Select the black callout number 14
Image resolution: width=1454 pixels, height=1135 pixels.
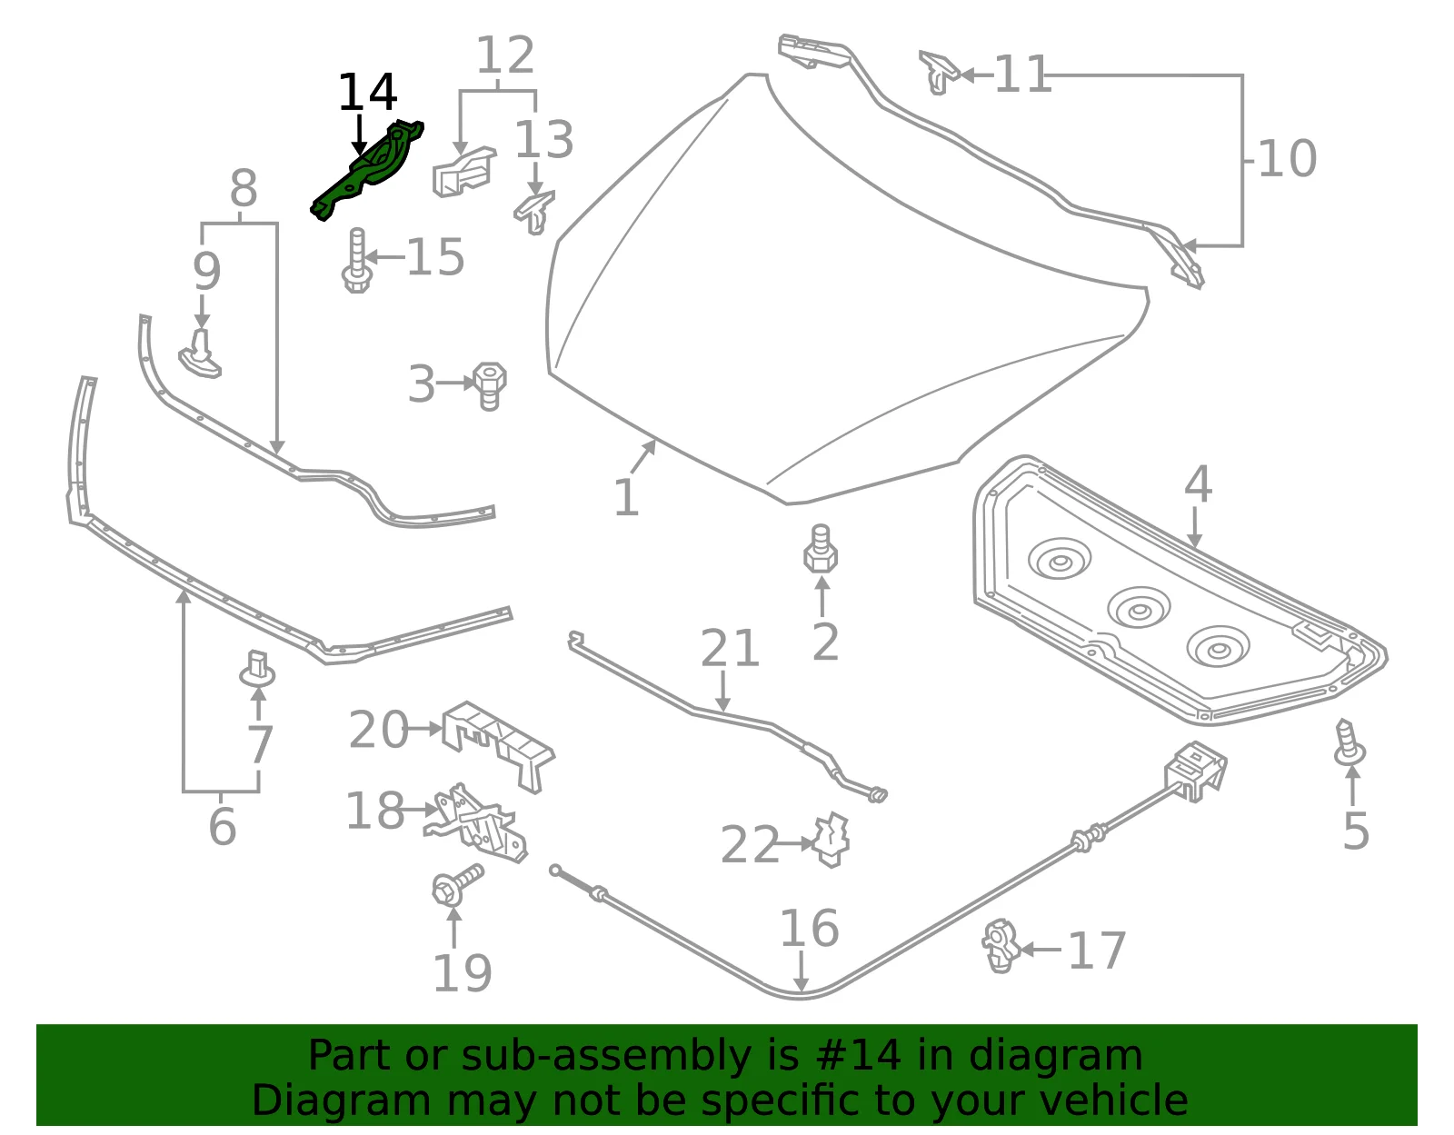click(x=367, y=92)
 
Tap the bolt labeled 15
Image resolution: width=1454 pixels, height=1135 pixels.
click(x=356, y=260)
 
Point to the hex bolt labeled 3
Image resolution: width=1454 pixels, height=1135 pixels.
click(x=489, y=386)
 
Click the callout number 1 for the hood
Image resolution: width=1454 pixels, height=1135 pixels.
click(x=626, y=498)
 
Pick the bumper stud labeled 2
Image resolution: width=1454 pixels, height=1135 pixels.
click(x=820, y=549)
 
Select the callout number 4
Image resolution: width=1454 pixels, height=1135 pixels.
click(x=1198, y=484)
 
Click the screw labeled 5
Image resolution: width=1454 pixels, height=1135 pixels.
click(x=1349, y=742)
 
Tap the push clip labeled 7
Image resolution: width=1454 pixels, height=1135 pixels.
click(x=257, y=668)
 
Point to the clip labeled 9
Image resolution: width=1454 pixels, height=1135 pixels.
click(x=200, y=353)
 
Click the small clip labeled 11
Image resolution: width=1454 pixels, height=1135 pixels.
click(x=939, y=72)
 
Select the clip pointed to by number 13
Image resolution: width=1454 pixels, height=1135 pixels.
click(x=534, y=213)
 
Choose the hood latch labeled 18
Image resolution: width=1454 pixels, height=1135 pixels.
click(x=476, y=823)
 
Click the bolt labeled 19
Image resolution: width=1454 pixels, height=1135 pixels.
click(x=458, y=884)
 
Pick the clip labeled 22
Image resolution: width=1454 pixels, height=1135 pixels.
click(x=830, y=840)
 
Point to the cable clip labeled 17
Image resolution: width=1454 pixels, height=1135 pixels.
click(x=1001, y=946)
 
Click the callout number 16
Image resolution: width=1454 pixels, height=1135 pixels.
click(x=810, y=928)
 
